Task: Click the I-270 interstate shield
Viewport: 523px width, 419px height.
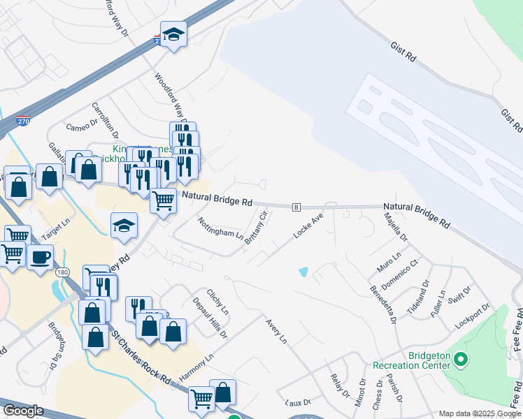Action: pos(23,120)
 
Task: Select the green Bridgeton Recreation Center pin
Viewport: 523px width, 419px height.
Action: pos(460,360)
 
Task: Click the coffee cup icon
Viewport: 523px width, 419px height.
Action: pos(40,256)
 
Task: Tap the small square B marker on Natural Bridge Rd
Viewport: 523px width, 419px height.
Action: pos(296,207)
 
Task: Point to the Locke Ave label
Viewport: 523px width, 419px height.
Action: pos(309,228)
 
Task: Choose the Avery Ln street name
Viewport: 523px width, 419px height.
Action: pos(276,330)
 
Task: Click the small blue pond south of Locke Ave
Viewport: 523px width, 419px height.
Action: pos(303,271)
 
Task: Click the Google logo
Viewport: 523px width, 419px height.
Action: pos(23,411)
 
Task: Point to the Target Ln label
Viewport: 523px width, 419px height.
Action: pos(57,228)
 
